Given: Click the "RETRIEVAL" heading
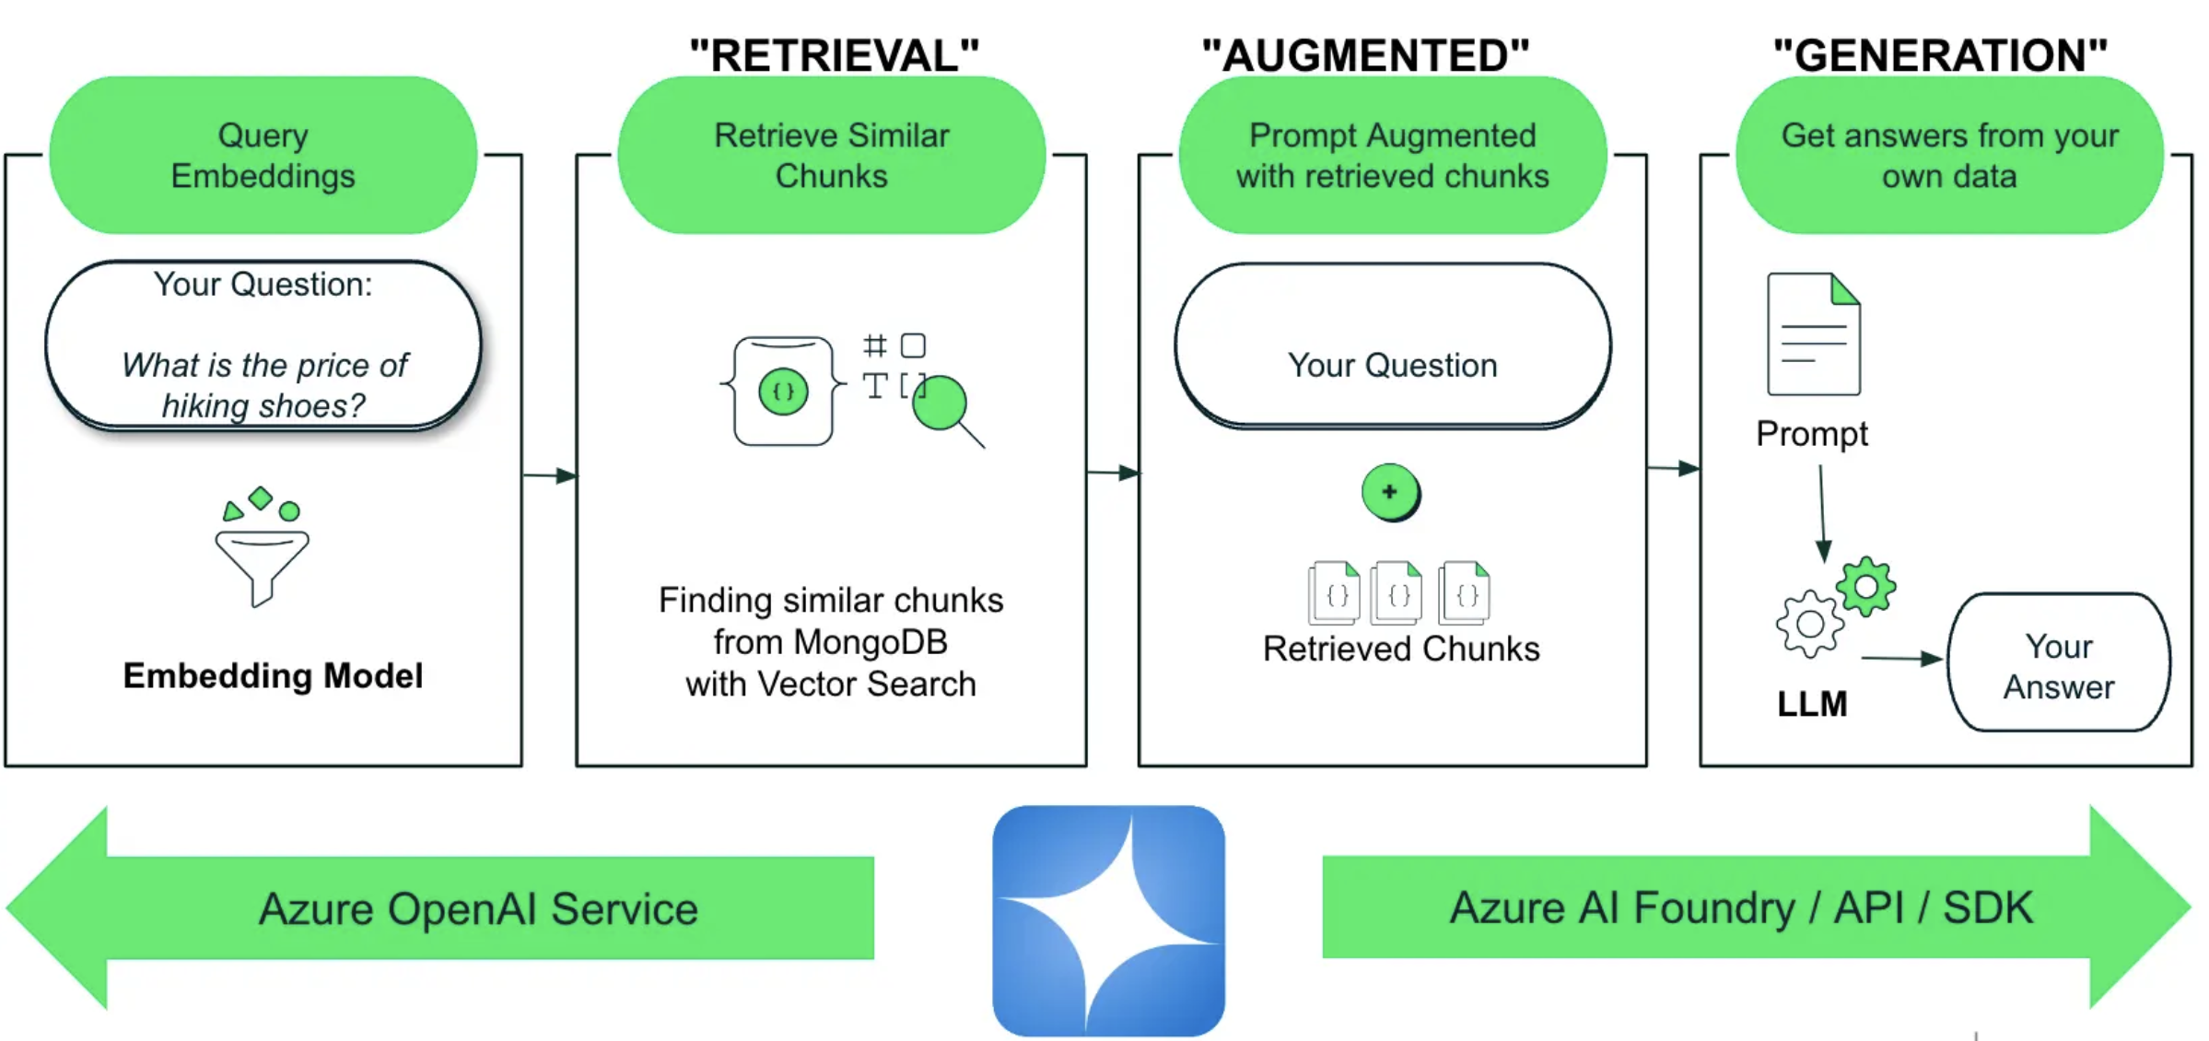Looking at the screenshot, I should [834, 55].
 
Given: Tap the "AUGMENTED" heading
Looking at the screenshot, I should [1365, 55].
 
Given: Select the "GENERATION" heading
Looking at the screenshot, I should [1940, 55].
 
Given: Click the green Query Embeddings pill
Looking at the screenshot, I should [263, 155].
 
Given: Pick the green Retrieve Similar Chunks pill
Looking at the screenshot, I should [831, 155].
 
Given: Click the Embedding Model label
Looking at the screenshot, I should [273, 675].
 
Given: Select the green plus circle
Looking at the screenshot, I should [1389, 492].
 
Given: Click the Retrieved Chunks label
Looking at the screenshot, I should [1400, 649].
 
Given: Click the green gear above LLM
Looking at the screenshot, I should [1865, 586].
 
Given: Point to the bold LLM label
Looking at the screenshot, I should [1811, 704].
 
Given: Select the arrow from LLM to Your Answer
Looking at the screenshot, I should [1900, 659].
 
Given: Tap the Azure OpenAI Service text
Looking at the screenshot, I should [478, 909].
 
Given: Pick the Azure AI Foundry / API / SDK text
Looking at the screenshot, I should [1741, 908].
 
